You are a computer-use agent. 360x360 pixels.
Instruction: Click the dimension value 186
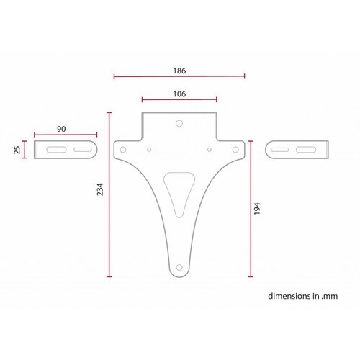point(179,70)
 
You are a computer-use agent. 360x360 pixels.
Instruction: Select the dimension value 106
point(180,94)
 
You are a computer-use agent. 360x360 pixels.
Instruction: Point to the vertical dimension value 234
point(100,189)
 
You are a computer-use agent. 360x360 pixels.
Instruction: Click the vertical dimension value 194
point(257,209)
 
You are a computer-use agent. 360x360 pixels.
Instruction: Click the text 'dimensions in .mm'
point(302,296)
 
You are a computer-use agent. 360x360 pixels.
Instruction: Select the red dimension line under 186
point(179,76)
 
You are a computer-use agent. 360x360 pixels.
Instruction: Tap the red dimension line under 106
point(180,99)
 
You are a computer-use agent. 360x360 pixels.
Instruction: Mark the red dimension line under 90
point(65,134)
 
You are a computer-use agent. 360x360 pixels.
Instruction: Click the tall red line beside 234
point(109,194)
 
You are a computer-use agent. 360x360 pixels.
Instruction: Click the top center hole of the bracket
point(179,122)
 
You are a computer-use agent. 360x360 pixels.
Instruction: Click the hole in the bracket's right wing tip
point(235,149)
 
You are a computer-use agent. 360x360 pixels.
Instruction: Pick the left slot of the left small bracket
point(55,150)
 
